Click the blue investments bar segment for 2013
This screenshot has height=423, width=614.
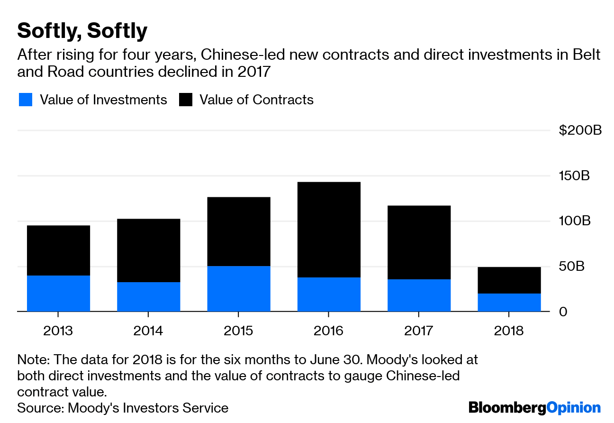[x=58, y=293]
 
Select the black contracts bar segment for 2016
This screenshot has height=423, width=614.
[x=329, y=230]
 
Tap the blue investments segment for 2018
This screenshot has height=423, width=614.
[x=509, y=303]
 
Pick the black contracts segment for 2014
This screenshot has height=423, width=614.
[x=148, y=250]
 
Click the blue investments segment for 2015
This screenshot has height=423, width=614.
[x=238, y=288]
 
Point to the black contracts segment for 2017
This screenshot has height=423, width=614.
[x=419, y=242]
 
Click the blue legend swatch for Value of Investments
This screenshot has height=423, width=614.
[x=26, y=100]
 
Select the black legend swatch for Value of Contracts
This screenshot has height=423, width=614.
[x=186, y=100]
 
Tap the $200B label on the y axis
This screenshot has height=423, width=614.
[x=580, y=130]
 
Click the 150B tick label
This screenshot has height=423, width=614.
[x=574, y=176]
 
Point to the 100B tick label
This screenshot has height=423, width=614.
[x=574, y=221]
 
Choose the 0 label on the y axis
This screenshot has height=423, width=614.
[x=563, y=312]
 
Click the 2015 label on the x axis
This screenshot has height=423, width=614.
[x=238, y=331]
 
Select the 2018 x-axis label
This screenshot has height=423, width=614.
[x=509, y=331]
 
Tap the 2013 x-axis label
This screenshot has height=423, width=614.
[x=58, y=331]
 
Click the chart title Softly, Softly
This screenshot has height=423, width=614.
[x=82, y=31]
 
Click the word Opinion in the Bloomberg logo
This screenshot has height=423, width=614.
[x=573, y=407]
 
